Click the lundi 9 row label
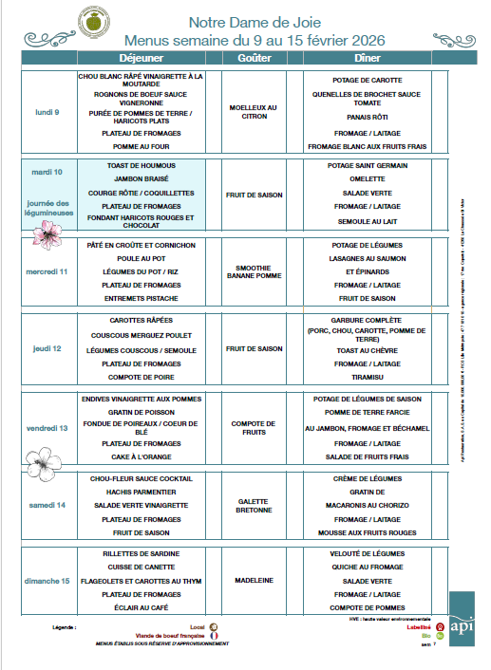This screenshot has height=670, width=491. (47, 112)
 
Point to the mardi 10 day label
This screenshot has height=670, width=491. (47, 173)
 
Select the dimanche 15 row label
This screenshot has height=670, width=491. (47, 580)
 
